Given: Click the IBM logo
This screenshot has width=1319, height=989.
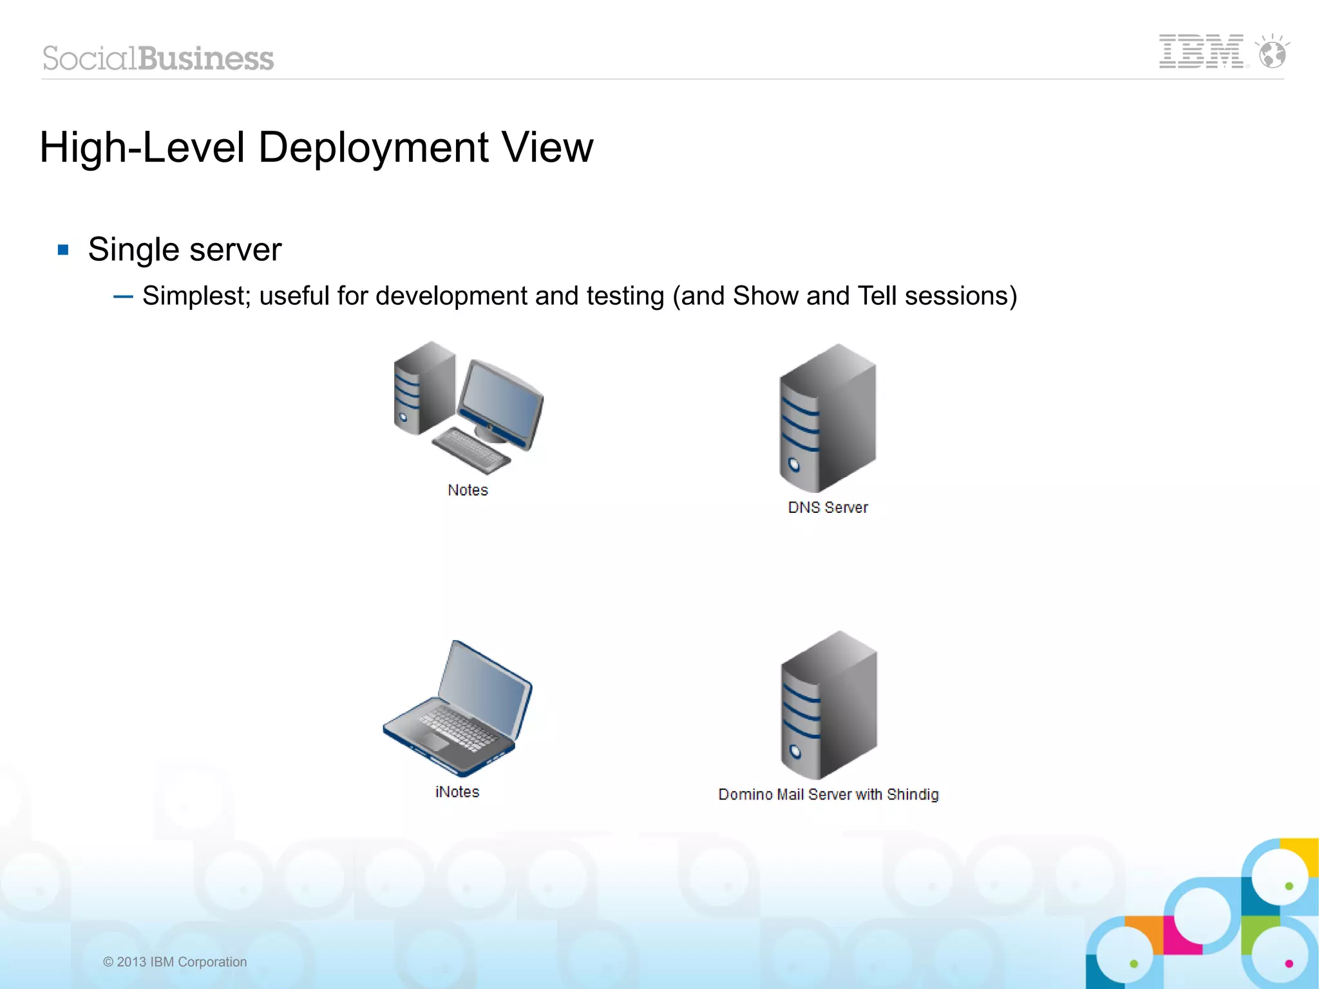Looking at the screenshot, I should tap(1202, 52).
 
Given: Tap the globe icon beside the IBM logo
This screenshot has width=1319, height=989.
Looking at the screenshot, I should tap(1273, 53).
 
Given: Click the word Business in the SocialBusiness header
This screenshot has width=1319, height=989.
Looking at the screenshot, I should tap(205, 59).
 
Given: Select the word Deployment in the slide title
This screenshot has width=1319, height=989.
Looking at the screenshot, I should tap(373, 148).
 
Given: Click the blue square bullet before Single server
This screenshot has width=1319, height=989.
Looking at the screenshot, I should tap(63, 250).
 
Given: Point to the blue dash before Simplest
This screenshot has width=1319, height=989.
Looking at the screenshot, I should tap(123, 296).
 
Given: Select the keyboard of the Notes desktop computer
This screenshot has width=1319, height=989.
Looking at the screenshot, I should tap(470, 448).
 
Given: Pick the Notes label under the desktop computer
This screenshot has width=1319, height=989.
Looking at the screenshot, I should tap(468, 490).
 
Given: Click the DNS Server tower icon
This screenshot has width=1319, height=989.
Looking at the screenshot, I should tap(828, 419).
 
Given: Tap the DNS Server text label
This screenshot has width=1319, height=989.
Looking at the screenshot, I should tap(828, 508).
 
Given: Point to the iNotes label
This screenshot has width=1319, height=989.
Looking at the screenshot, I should tap(457, 792).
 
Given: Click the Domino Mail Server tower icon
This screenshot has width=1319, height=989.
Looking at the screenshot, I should tap(829, 706).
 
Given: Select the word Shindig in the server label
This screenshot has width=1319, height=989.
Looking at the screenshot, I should tap(912, 794).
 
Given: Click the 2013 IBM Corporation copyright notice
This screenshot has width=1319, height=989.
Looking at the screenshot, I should tap(175, 962).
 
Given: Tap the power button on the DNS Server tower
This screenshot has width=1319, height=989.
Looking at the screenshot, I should tap(794, 465).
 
